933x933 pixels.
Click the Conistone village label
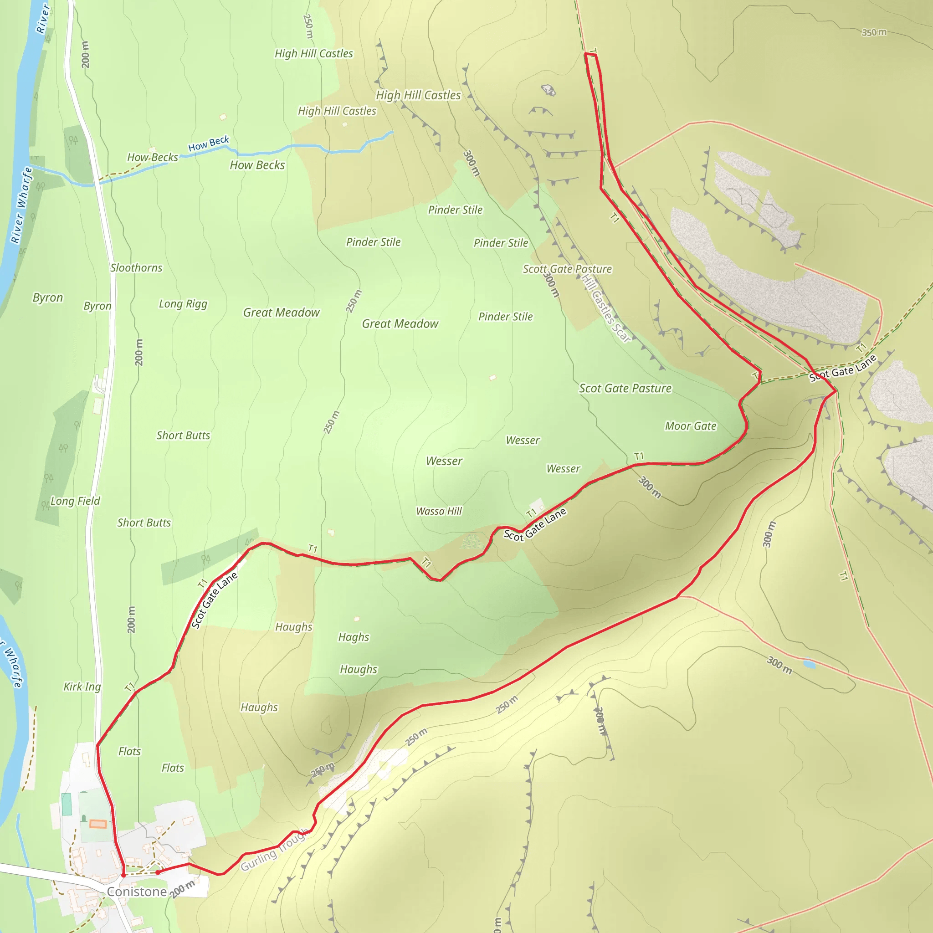137,892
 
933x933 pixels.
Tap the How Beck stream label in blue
208,144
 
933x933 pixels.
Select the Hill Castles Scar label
606,308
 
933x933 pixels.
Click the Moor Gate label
690,426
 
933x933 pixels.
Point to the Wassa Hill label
439,511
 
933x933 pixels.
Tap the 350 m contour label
874,32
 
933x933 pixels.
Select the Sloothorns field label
136,267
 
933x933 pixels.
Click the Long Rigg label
183,304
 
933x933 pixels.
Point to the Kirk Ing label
82,686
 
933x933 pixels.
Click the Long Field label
75,501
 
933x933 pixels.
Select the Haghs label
354,637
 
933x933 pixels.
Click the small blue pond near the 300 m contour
809,665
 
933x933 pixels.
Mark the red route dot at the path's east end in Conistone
158,872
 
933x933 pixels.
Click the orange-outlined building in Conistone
97,824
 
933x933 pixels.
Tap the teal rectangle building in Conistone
67,804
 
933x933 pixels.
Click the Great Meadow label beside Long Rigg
281,313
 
